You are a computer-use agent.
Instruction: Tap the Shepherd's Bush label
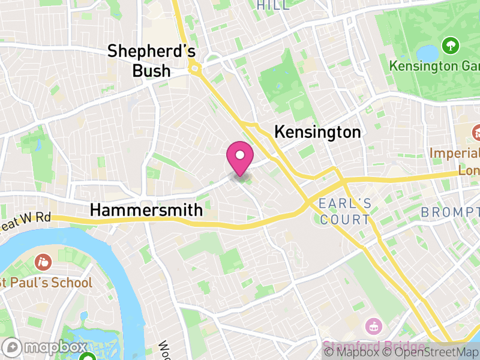[x=151, y=61]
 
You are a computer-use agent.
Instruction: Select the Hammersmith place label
[x=146, y=210]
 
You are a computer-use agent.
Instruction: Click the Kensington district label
[x=317, y=132]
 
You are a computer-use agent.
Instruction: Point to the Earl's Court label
[x=345, y=211]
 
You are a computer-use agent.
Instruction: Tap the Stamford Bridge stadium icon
[x=373, y=327]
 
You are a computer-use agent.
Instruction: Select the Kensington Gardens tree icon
[x=448, y=45]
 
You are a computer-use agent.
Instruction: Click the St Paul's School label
[x=47, y=282]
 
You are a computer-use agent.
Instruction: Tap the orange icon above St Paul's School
[x=43, y=262]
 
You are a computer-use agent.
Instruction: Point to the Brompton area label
[x=450, y=212]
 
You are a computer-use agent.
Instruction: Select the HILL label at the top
[x=272, y=5]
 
